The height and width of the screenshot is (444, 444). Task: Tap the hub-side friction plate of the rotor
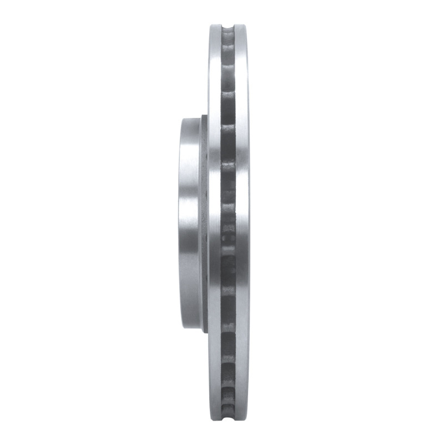click(215, 222)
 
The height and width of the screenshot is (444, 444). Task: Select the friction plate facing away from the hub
click(243, 222)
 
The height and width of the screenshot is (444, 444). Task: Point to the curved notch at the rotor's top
click(228, 28)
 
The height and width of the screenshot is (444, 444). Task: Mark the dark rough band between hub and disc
click(204, 222)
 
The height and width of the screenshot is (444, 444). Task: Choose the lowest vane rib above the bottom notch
click(228, 395)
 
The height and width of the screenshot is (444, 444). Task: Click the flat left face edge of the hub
click(180, 222)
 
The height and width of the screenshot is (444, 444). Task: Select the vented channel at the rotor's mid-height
click(228, 222)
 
